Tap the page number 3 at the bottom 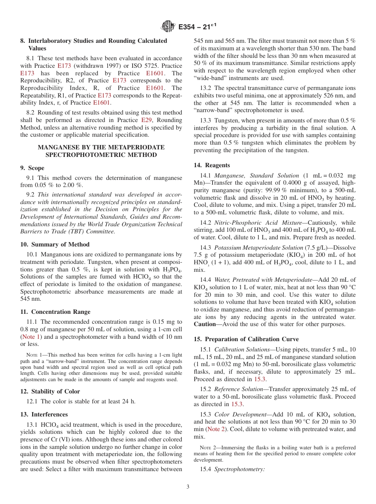click(188, 487)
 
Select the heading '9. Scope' click(32, 168)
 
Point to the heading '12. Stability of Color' click(50, 391)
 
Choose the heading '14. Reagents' click(212, 165)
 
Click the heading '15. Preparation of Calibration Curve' click(246, 339)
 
